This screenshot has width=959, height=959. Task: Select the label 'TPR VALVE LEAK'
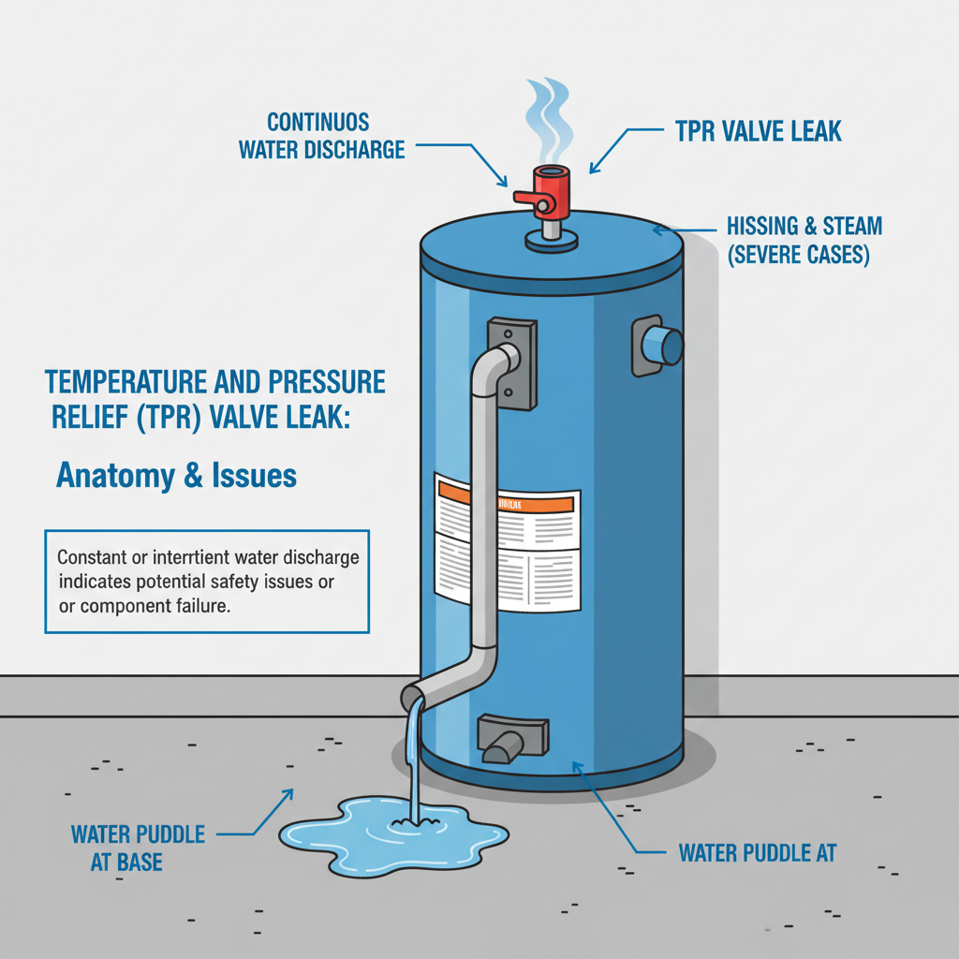click(758, 130)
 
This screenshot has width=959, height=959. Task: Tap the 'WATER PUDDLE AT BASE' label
click(138, 848)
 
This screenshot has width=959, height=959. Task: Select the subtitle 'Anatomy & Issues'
click(176, 476)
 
